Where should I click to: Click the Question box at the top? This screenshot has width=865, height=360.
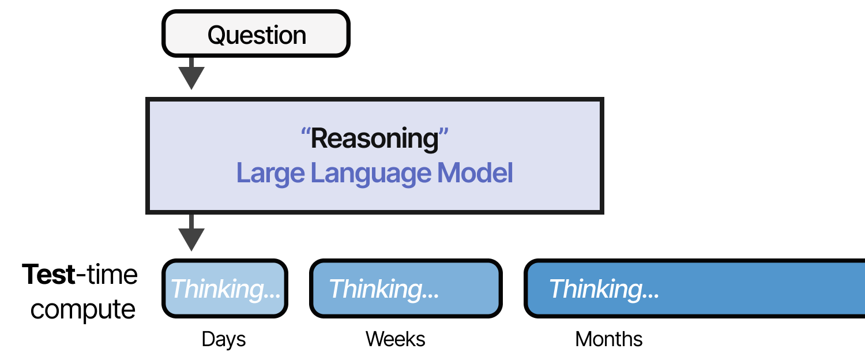click(256, 35)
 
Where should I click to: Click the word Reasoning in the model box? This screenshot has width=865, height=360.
click(375, 139)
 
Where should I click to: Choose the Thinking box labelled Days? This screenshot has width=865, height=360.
click(224, 288)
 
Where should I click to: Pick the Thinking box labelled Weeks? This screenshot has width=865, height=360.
click(405, 288)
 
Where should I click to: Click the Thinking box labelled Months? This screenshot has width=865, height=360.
click(692, 288)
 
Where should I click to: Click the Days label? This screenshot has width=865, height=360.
click(224, 339)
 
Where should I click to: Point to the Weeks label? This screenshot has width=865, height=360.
click(396, 339)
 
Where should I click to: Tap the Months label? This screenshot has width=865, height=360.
click(609, 339)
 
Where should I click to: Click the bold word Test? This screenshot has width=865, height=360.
click(48, 275)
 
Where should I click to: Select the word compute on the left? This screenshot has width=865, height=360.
click(83, 310)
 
